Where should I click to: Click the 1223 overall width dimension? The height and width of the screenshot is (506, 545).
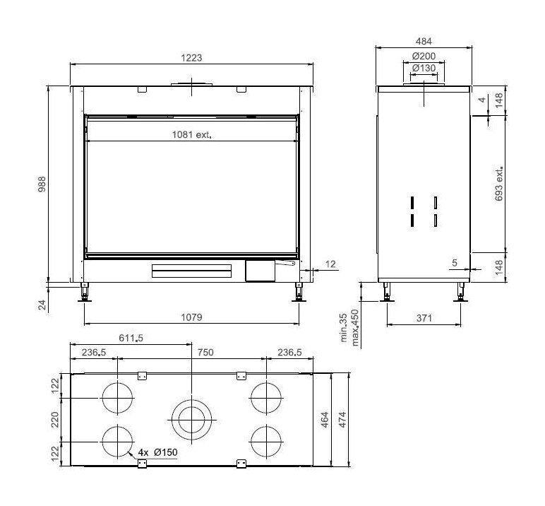coord(191,58)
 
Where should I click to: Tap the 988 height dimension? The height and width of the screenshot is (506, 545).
coord(42,184)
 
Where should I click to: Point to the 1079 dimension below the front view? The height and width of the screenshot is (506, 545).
coord(191,318)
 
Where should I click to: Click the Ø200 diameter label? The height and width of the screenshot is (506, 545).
coord(423,56)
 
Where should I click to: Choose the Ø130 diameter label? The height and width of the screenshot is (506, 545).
coord(423,68)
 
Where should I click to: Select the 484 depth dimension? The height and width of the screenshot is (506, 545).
coord(423,42)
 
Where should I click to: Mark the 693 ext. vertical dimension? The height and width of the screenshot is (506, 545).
coord(499,186)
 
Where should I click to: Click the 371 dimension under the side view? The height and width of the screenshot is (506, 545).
coord(423,319)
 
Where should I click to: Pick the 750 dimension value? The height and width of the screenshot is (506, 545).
coord(205,352)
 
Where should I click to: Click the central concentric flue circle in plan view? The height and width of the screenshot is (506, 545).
coord(191,419)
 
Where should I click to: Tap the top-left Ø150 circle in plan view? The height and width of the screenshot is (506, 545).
coord(117,399)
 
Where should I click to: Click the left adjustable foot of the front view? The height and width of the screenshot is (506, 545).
coord(86,292)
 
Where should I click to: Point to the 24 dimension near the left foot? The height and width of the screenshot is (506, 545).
coord(42,305)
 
